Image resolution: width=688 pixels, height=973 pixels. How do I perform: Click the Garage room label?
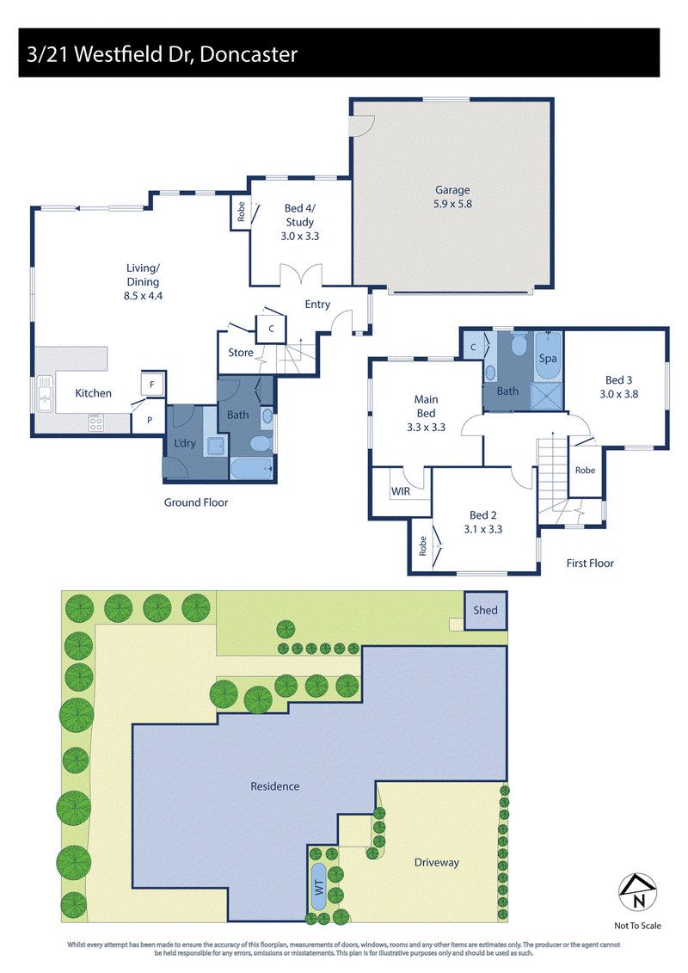(x=452, y=190)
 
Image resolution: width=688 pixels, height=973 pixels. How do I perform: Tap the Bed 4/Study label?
(x=299, y=215)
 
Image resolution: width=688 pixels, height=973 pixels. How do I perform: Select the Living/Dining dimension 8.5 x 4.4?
(x=143, y=296)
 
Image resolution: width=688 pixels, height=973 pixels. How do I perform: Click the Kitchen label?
(x=93, y=393)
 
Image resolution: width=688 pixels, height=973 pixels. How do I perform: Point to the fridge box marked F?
(x=152, y=385)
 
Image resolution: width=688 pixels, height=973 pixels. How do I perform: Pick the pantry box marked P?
(x=150, y=420)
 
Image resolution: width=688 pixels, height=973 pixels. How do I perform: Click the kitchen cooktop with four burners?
(x=95, y=424)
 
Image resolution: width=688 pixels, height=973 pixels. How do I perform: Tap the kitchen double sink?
(x=45, y=393)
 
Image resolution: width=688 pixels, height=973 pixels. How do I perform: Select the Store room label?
(x=241, y=353)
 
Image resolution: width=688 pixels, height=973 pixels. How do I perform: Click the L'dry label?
(x=184, y=443)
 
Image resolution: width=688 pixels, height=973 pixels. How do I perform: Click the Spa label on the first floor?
(x=548, y=359)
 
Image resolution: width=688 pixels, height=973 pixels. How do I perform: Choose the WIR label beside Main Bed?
(x=401, y=491)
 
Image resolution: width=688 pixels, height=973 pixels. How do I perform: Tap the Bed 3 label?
(x=618, y=379)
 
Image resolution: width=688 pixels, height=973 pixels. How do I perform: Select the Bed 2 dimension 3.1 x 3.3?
(x=483, y=529)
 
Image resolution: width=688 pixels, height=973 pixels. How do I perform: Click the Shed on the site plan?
(x=486, y=610)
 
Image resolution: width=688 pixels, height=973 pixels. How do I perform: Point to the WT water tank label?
(x=319, y=887)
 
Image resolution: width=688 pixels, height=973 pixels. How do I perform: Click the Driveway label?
(x=437, y=863)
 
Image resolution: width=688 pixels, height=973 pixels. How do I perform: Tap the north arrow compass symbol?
(x=638, y=892)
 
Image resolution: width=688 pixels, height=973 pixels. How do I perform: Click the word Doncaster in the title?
(x=249, y=54)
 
